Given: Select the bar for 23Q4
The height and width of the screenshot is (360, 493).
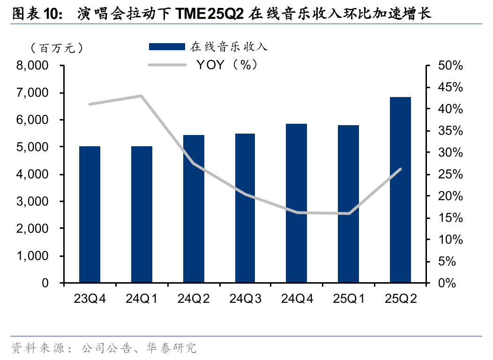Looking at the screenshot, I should pos(90,215).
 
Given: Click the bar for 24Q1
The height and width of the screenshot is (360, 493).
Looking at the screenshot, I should pos(142,215).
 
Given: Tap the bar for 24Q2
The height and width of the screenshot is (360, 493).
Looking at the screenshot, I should pos(194,209).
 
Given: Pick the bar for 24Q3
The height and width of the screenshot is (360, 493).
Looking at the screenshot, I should pos(245,208).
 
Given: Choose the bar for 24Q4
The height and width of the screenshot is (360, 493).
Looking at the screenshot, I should pos(297,203).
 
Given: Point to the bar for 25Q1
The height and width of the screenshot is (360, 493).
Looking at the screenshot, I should pos(348,204).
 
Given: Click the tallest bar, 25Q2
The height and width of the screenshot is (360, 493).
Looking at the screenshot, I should pos(400,190).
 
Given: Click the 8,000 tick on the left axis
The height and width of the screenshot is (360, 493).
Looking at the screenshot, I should pos(32,66).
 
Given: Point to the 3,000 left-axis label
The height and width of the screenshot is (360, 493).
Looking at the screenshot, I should pos(32,202).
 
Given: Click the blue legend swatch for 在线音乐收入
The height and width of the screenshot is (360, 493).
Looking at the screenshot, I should pos(167,46).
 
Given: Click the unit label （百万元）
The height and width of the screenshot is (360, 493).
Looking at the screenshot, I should pos(56,48).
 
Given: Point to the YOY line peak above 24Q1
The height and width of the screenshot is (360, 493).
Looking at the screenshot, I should pos(141,96).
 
